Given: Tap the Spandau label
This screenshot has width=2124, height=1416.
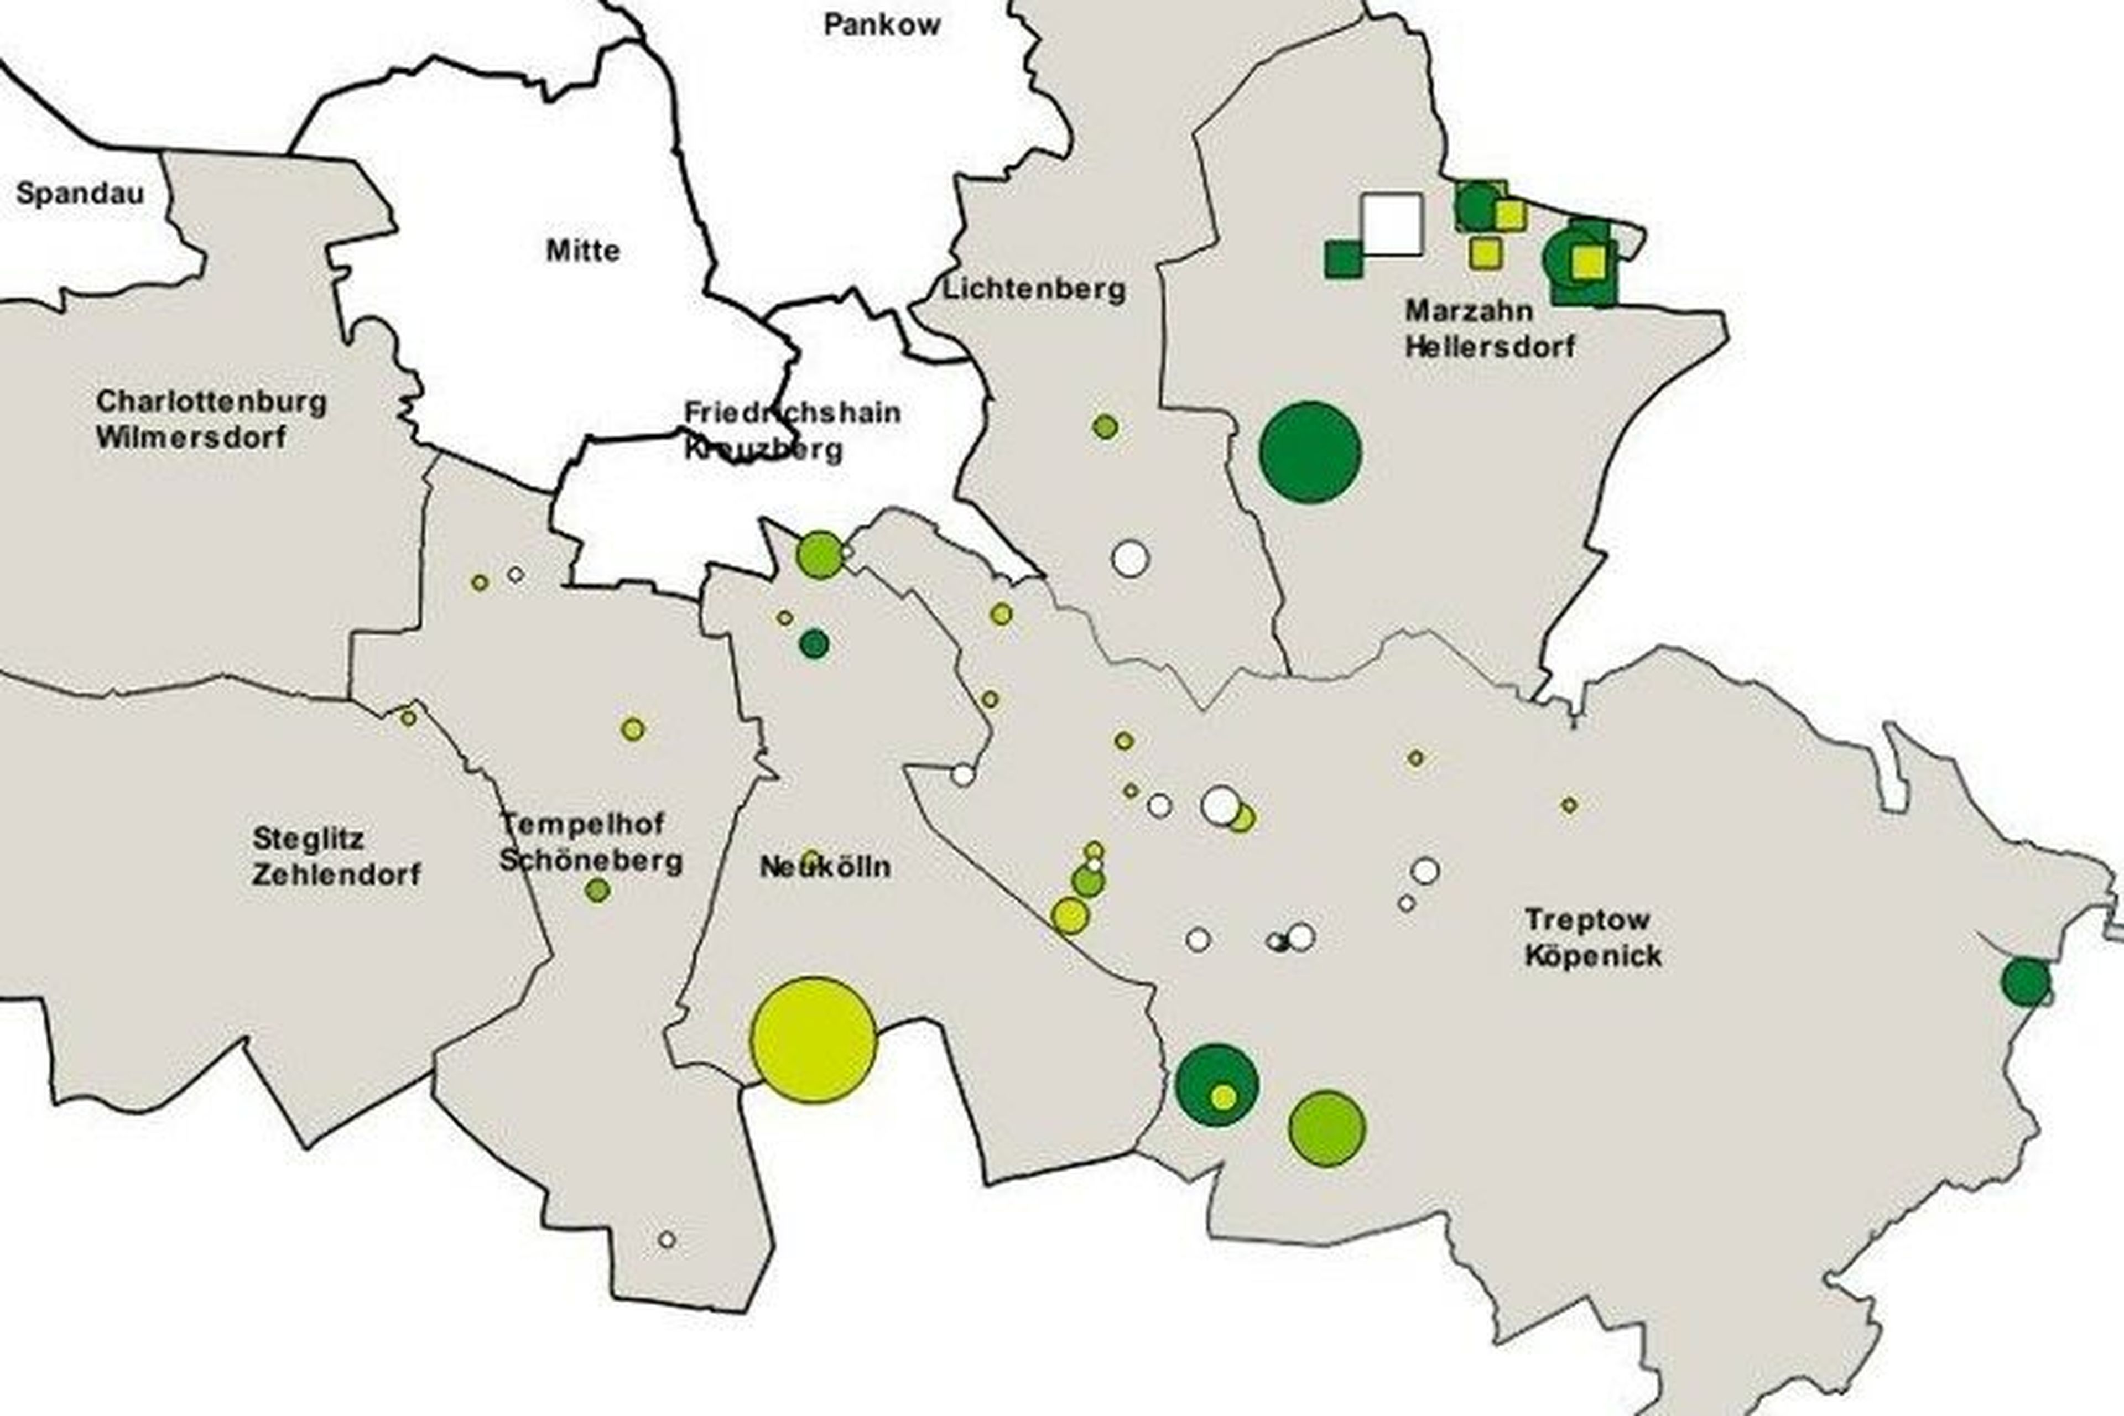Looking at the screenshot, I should (x=80, y=193).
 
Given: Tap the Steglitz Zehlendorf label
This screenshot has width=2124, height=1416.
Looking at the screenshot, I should (x=336, y=856).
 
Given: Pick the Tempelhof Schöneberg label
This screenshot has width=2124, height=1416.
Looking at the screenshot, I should (x=591, y=842).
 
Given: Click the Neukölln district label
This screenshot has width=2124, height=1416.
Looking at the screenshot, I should (x=825, y=867).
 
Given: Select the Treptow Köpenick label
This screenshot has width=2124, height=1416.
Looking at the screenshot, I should (x=1592, y=938).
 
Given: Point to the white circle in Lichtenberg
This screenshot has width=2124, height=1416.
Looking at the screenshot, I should (x=1129, y=558).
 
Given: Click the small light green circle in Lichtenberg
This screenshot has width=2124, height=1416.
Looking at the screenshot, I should (x=1105, y=426).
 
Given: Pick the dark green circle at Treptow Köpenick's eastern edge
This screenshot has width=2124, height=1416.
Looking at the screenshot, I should (x=2026, y=982).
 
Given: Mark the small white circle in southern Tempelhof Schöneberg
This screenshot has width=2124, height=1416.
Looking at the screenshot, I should (x=667, y=1239).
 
